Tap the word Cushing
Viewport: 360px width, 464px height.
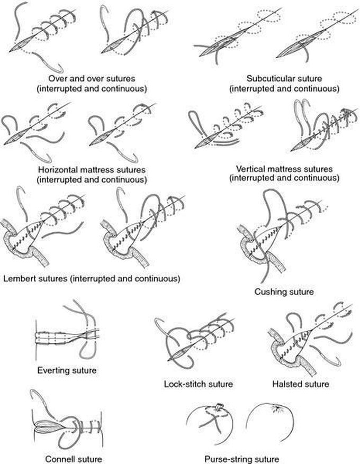[268, 292]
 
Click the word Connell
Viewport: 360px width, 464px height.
[58, 459]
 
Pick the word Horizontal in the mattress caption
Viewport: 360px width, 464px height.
[56, 170]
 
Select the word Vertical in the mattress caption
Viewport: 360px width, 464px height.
[250, 169]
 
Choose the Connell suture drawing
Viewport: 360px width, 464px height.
[67, 420]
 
